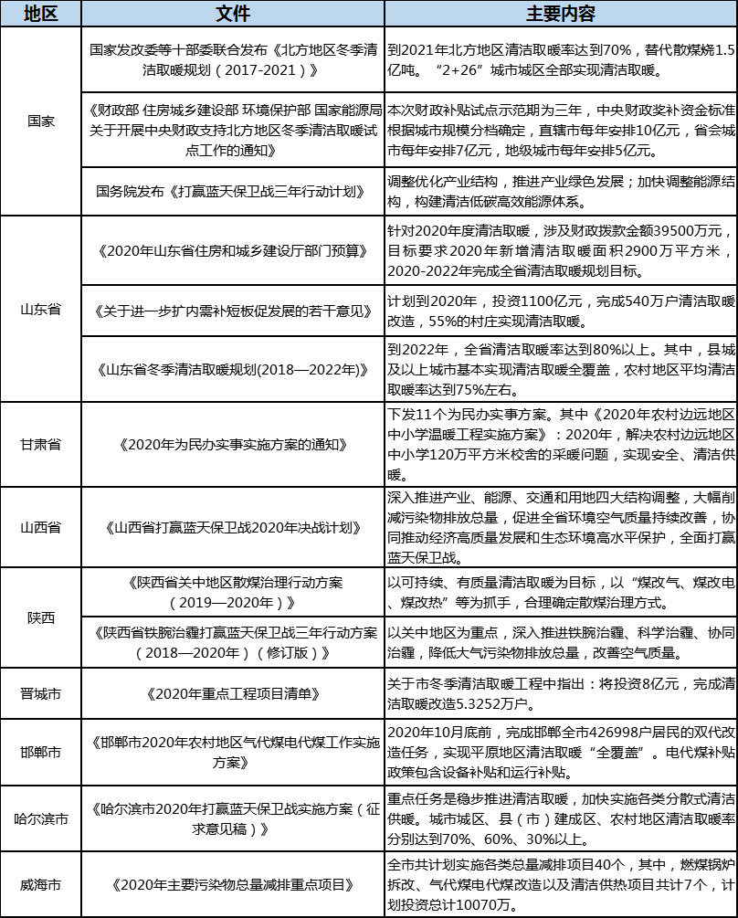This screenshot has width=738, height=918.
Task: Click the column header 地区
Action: click(x=40, y=13)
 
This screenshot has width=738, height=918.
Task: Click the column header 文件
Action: click(x=232, y=13)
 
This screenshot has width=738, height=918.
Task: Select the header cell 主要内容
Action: click(x=560, y=13)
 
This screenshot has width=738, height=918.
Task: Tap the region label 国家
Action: click(x=40, y=121)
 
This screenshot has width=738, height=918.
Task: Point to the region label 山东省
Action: click(x=40, y=309)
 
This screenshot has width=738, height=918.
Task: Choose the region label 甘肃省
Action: click(x=40, y=444)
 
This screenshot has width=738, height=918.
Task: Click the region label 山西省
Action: click(x=40, y=527)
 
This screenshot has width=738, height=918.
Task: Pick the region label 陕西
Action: click(x=40, y=617)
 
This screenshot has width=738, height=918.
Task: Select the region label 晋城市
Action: click(x=40, y=693)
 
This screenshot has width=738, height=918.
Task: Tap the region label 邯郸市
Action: click(x=40, y=752)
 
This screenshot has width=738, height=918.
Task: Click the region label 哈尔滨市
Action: click(x=40, y=818)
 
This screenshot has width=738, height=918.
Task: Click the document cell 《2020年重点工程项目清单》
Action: click(x=232, y=693)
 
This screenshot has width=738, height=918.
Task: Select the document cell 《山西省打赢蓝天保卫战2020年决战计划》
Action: click(x=232, y=527)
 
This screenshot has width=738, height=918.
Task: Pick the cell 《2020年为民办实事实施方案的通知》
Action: click(x=232, y=444)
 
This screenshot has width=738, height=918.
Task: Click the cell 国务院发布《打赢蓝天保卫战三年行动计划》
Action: click(x=232, y=191)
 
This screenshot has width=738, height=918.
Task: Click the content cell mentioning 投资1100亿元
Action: click(x=560, y=310)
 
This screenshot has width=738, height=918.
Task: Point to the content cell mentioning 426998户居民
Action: click(x=560, y=752)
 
